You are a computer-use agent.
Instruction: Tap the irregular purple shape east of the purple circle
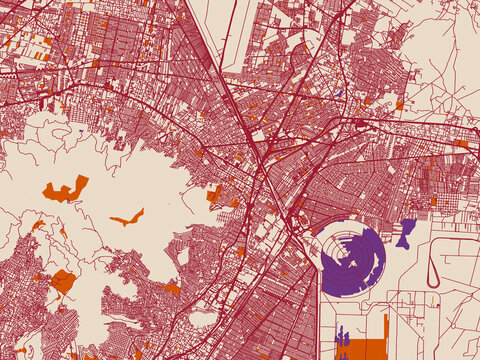point(406,234)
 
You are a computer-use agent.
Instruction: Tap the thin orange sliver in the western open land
point(127,217)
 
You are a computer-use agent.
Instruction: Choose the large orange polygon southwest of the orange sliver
point(63,281)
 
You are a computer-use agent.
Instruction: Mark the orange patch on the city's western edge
point(213,194)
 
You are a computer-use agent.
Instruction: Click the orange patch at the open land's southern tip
point(172,289)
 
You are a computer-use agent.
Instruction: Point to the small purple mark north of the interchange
point(339,94)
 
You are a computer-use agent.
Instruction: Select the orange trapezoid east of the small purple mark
point(399,103)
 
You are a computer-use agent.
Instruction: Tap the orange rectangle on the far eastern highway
point(460,143)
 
